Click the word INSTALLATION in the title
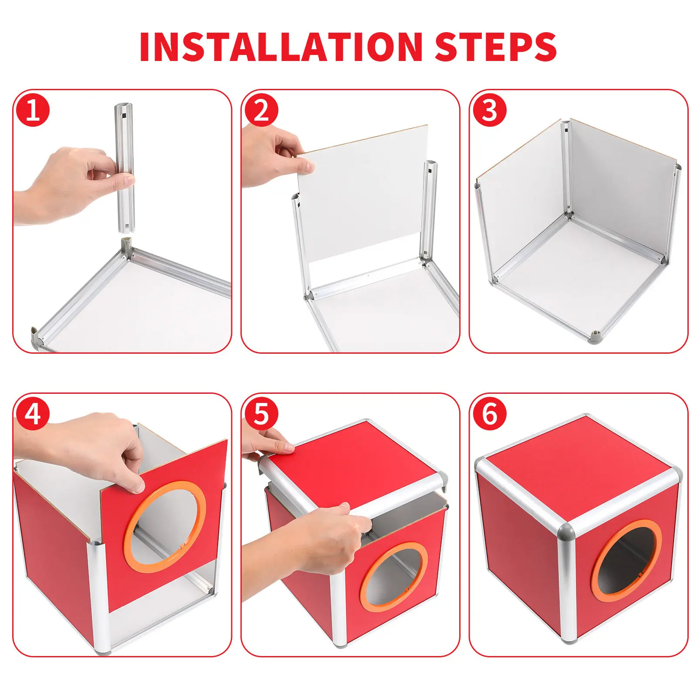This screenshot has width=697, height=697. [x=281, y=47]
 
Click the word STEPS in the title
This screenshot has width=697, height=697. [x=496, y=47]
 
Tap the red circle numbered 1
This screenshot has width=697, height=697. [x=33, y=110]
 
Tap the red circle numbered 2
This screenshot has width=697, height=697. [x=261, y=110]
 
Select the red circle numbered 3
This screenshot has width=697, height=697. [x=490, y=110]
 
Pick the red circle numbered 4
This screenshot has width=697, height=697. [x=33, y=414]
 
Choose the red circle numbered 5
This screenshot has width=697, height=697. [x=261, y=414]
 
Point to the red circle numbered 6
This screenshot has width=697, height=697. [x=490, y=414]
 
